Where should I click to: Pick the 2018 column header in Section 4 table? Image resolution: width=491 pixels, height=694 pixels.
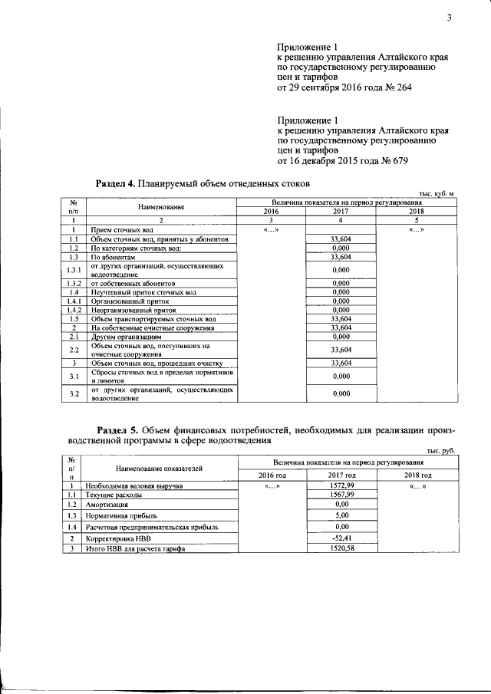point(416,212)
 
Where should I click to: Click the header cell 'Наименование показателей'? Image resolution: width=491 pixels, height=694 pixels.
point(159,467)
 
